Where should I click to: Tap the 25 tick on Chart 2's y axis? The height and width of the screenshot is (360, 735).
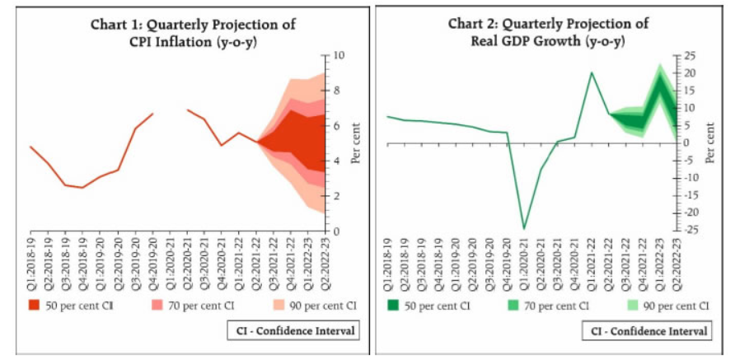[686, 56]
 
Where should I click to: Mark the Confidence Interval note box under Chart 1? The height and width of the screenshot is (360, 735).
[295, 331]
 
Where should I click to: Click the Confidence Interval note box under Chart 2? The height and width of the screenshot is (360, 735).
[648, 331]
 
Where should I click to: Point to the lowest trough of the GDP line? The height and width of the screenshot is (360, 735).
[523, 228]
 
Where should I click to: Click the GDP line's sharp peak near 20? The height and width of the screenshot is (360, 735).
[592, 72]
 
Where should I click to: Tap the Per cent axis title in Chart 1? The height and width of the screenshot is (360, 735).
[356, 144]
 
